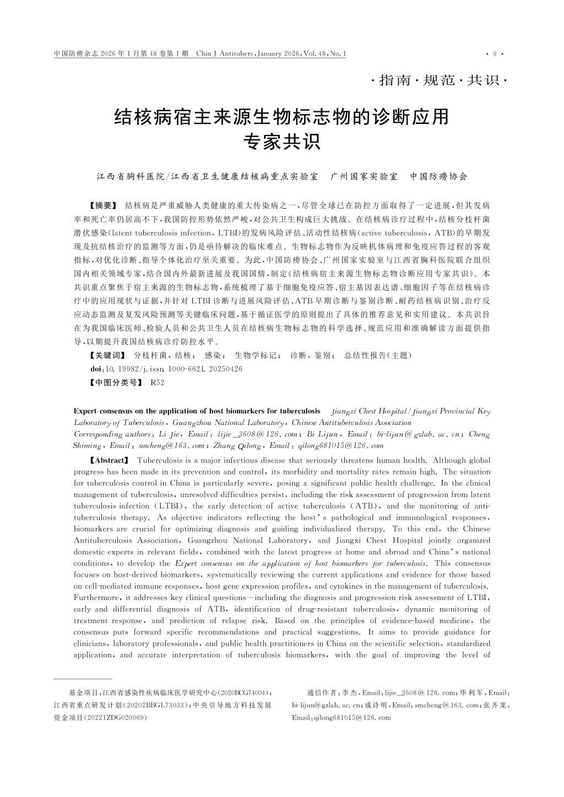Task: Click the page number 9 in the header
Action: pos(495,54)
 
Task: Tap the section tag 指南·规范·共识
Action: pos(439,80)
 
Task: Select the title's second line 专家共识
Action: pos(282,143)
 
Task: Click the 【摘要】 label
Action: pos(104,206)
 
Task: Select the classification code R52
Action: pos(157,383)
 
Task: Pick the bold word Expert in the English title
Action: pos(85,411)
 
